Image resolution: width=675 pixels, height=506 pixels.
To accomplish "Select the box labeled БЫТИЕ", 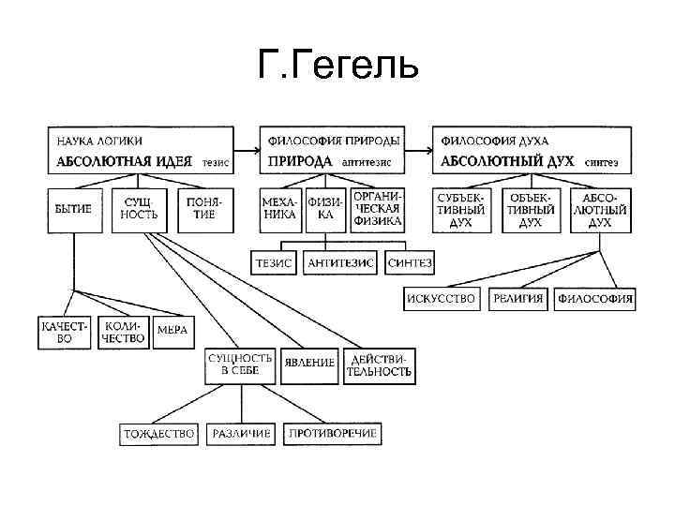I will tap(73, 209).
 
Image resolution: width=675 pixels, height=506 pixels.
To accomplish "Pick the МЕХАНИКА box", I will tap(279, 209).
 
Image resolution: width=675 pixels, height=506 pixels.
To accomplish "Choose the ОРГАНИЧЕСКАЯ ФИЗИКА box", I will tap(378, 209).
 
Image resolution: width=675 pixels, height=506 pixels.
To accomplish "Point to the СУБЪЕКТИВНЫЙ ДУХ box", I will tap(461, 210).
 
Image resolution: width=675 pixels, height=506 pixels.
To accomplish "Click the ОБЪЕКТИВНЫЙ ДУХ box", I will tap(532, 210).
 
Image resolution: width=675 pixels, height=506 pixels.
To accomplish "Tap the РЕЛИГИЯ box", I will tap(517, 300).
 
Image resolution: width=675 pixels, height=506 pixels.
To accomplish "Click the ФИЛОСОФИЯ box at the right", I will tap(595, 300).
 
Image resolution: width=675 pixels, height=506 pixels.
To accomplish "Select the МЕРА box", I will tap(172, 331).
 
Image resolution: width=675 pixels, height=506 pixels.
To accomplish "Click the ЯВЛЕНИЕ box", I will tap(310, 363).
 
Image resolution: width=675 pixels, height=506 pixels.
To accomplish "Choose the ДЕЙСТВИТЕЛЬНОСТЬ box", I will tap(379, 364).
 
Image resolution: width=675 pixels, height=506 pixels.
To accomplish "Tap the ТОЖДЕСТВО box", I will tap(159, 434).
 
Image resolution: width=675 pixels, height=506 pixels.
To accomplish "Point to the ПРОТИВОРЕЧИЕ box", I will tap(334, 434).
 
